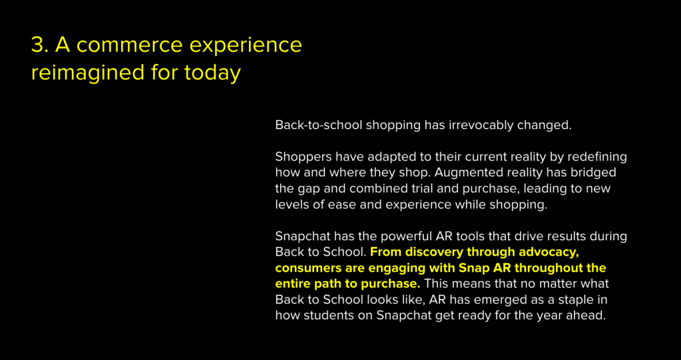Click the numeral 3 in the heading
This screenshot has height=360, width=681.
(38, 45)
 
